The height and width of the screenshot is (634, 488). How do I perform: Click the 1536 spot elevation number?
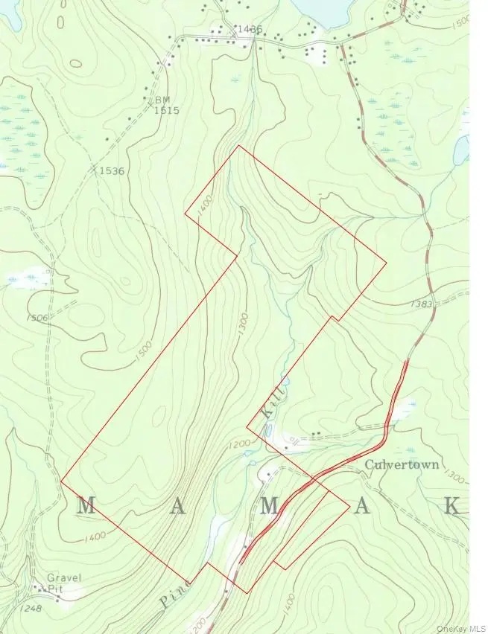pyautogui.click(x=111, y=171)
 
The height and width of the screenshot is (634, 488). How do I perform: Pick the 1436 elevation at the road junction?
pyautogui.click(x=248, y=30)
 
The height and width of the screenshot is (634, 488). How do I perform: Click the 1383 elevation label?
pyautogui.click(x=421, y=305)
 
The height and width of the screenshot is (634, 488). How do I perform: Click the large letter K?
pyautogui.click(x=451, y=507)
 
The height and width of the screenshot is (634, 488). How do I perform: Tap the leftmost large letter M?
pyautogui.click(x=86, y=507)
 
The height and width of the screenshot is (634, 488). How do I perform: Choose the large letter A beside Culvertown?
pyautogui.click(x=361, y=507)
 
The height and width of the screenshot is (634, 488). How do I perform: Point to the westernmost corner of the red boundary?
pyautogui.click(x=60, y=481)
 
